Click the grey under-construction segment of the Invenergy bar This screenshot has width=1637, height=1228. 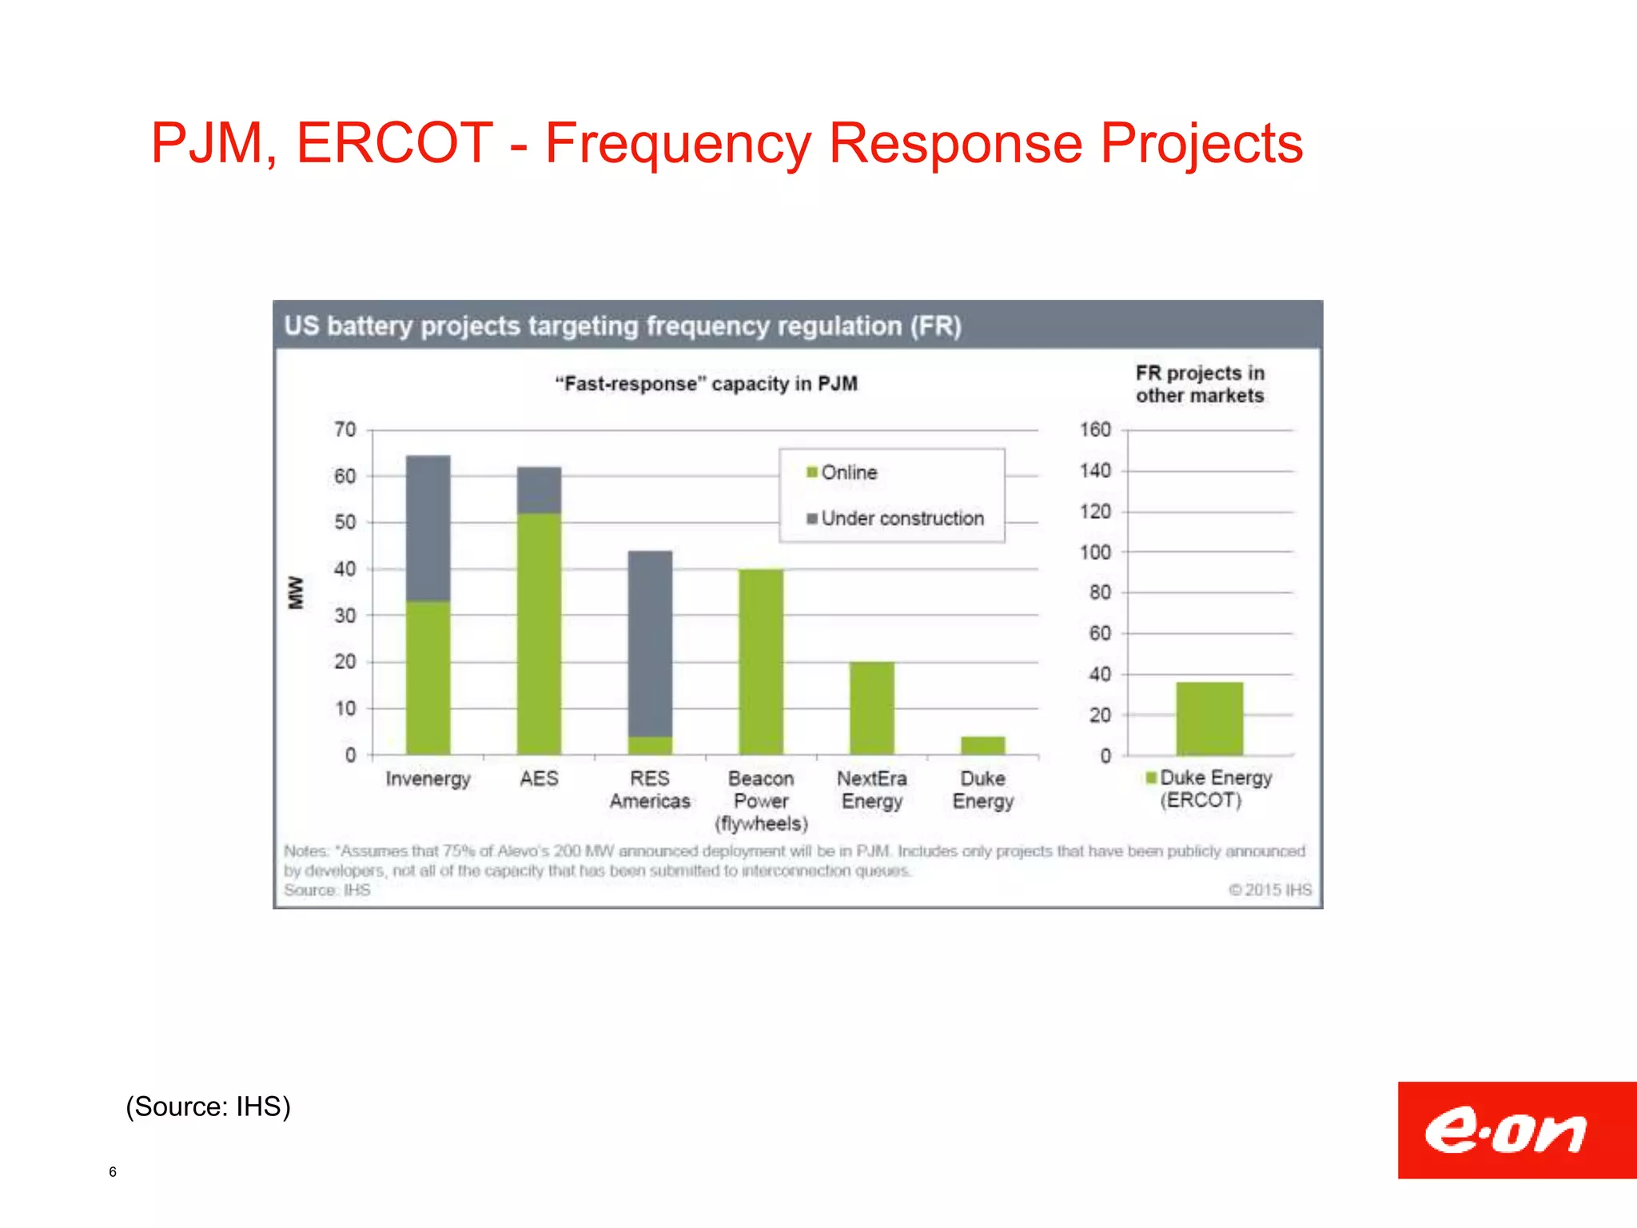point(428,528)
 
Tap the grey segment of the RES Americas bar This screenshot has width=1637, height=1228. point(650,643)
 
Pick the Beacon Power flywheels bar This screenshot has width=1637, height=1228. point(760,662)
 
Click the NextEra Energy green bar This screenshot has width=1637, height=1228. point(871,708)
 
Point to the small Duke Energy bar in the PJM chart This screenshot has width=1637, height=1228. point(982,745)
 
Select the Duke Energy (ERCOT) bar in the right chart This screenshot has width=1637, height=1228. point(1209,718)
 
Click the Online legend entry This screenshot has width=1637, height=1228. point(842,472)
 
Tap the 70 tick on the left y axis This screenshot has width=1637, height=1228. point(345,430)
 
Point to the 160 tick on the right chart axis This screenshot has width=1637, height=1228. point(1095,430)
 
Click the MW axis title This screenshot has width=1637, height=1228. point(297,592)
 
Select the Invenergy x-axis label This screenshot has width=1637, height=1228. point(428,779)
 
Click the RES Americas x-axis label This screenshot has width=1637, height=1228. point(650,790)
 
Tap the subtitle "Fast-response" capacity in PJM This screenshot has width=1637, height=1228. point(706,385)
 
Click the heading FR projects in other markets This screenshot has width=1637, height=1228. point(1199,385)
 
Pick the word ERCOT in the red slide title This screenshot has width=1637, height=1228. point(394,144)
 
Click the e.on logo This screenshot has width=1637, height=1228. point(1516,1130)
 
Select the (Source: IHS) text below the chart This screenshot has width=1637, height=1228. point(208,1106)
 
